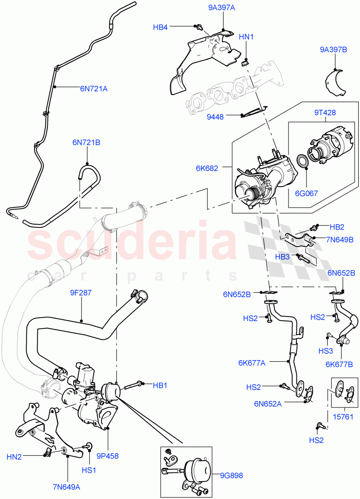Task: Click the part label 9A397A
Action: coord(222,7)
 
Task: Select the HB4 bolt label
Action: coord(160,27)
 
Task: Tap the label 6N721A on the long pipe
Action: coord(94,88)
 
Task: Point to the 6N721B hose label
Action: coord(86,143)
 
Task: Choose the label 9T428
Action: coord(325,113)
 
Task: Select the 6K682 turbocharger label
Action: coord(207,168)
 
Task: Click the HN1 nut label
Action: coord(246,37)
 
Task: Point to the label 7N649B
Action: coord(340,240)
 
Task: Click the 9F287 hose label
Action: coord(81,293)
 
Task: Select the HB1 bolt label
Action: coord(160,385)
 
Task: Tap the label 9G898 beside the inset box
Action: coord(232,475)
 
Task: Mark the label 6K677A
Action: coord(252,363)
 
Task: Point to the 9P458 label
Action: coord(108,456)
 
